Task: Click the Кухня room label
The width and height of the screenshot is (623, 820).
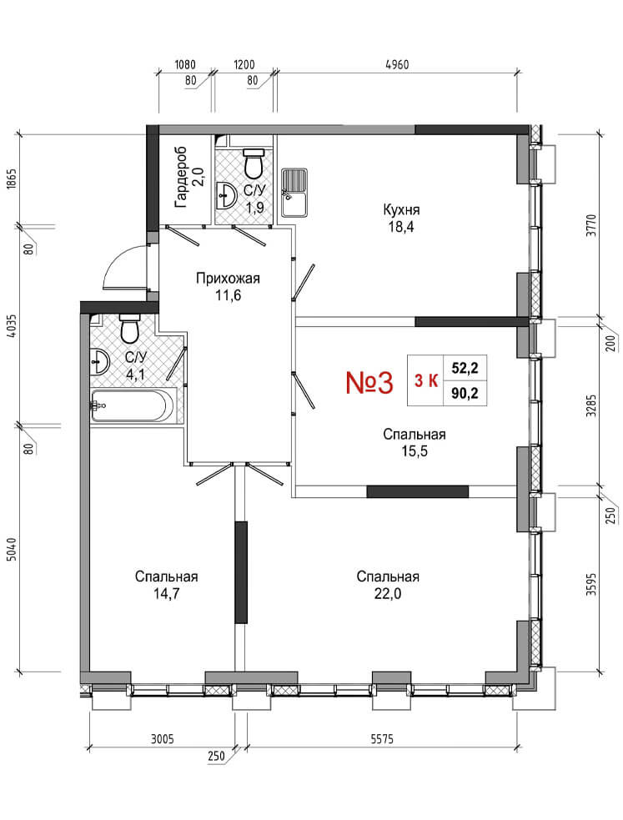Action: point(401,210)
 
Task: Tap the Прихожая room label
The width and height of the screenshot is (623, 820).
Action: point(228,279)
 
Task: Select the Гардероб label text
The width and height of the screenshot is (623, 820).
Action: point(181,177)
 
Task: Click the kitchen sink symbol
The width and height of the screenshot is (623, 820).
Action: point(294,193)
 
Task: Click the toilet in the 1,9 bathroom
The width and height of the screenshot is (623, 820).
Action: point(254,163)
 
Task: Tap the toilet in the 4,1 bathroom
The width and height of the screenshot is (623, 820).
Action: point(128,328)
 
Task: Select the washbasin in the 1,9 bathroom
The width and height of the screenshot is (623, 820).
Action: point(226,196)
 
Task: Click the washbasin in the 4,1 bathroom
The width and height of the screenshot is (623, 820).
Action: point(99,361)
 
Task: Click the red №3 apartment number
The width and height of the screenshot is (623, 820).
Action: point(369,382)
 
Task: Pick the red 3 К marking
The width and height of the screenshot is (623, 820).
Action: point(426,380)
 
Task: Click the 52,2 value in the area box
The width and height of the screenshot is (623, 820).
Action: point(465,368)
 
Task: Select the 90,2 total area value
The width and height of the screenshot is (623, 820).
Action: point(465,393)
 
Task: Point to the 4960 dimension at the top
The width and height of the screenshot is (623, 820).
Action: point(397,65)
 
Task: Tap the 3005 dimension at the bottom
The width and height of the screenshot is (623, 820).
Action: point(162,739)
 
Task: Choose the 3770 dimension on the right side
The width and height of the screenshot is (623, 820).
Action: point(590,225)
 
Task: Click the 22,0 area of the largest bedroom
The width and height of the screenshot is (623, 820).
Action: point(388,594)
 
